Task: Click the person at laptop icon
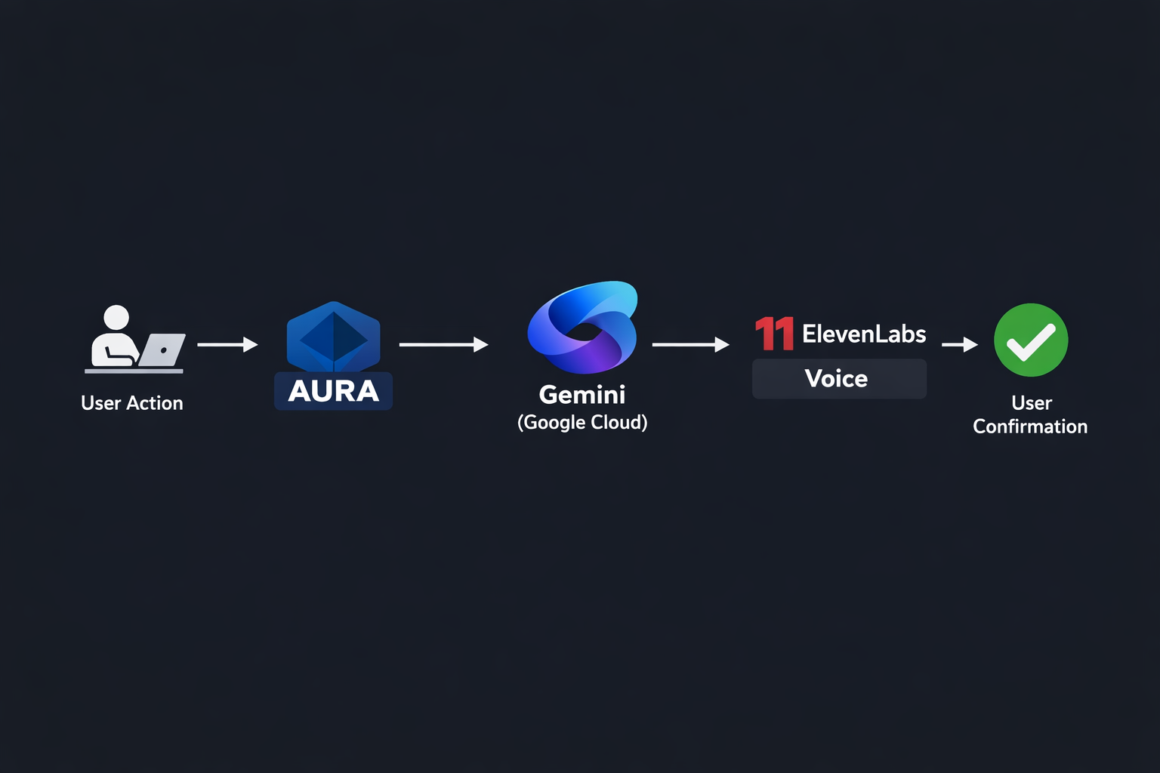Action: click(133, 340)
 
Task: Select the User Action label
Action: click(132, 403)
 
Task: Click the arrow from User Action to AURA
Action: click(227, 345)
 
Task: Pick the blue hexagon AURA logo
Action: click(333, 337)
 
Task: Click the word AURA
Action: click(333, 391)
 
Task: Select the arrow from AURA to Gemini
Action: click(443, 345)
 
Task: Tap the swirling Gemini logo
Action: click(582, 328)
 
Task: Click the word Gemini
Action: click(582, 394)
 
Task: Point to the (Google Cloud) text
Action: click(582, 422)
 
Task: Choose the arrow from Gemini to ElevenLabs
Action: click(690, 345)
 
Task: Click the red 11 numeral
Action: click(774, 334)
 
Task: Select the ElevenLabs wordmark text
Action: click(864, 334)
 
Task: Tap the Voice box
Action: click(838, 378)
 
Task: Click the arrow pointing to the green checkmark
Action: click(959, 345)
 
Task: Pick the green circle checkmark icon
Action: click(1031, 340)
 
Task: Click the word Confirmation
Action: click(1030, 427)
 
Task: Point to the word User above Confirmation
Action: click(1032, 403)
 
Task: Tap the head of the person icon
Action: click(116, 317)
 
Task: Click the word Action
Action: click(155, 403)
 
